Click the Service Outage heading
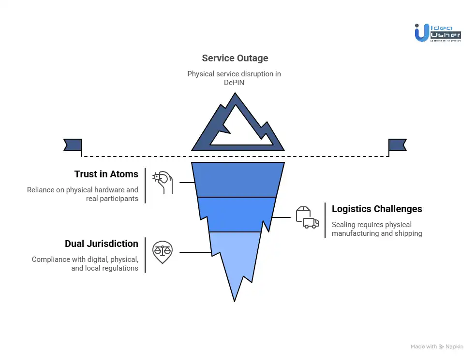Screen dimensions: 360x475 [x=235, y=58]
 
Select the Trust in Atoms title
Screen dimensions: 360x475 [x=106, y=174]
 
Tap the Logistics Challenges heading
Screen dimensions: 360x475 [x=377, y=209]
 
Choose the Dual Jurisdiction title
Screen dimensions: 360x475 [x=102, y=244]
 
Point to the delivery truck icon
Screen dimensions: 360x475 [x=310, y=222]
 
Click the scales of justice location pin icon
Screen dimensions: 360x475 [x=162, y=252]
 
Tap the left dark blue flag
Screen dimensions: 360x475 [x=73, y=145]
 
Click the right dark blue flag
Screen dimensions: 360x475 [x=397, y=145]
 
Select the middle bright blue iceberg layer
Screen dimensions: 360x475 [x=237, y=214]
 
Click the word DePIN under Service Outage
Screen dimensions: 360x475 [x=234, y=83]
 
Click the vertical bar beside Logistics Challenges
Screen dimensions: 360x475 [x=325, y=220]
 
